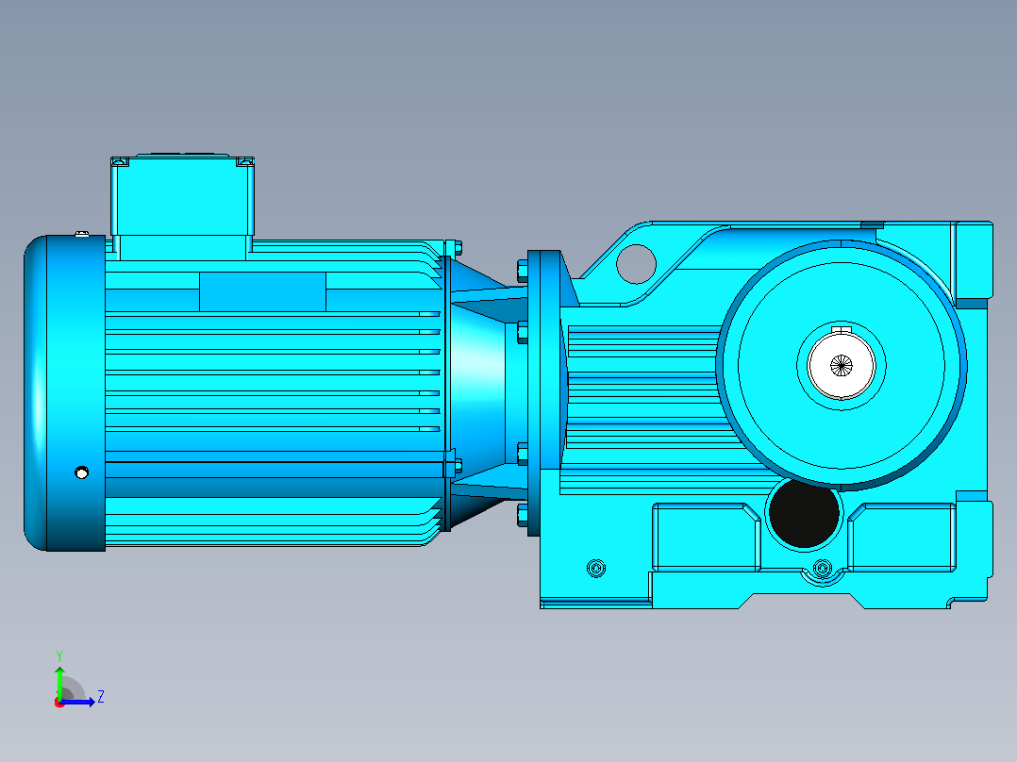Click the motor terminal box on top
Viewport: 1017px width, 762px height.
click(182, 198)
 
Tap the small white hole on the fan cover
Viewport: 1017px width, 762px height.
click(82, 472)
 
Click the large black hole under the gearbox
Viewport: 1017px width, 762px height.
click(804, 513)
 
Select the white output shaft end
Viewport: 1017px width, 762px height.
click(842, 365)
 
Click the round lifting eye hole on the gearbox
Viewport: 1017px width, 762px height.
click(636, 264)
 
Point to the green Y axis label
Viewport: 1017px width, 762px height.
click(59, 655)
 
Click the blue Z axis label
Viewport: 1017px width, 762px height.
click(101, 697)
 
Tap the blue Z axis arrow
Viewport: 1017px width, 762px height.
click(77, 702)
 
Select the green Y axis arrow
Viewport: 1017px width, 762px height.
click(59, 683)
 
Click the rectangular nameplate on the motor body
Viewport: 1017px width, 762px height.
click(262, 291)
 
